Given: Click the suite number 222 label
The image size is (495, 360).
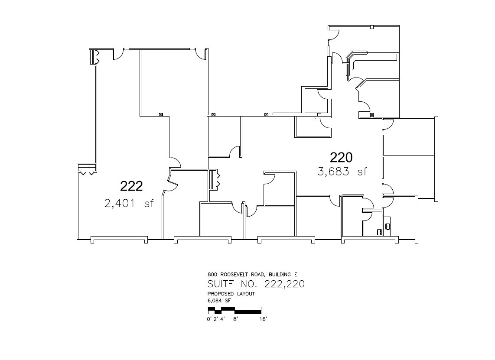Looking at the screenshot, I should tap(131, 186).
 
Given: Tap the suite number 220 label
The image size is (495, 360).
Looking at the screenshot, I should tap(342, 157).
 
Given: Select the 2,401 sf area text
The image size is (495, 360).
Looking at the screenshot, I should tap(129, 203).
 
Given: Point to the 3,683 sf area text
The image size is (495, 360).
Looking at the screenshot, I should tap(342, 172).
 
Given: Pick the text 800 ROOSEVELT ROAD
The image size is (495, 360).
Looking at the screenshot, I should tap(237, 275).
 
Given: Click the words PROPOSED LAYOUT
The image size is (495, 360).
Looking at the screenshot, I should tap(231, 294).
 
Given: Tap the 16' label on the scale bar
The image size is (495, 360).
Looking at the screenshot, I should tap(263, 320).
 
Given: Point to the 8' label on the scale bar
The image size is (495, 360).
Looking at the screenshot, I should tap(236, 320).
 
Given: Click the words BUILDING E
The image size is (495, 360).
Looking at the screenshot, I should tap(283, 275).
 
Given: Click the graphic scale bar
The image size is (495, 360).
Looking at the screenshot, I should tap(234, 310).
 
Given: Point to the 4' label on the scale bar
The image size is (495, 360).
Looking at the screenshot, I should tap(222, 320).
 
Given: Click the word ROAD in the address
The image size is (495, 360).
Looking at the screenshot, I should tap(259, 275).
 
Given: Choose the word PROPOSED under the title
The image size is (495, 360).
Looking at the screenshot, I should tap(220, 294).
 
